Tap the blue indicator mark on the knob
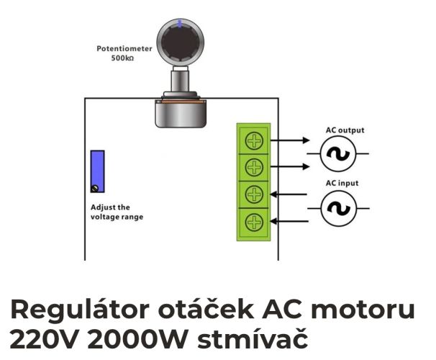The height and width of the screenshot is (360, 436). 180,24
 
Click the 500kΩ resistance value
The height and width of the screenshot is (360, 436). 122,58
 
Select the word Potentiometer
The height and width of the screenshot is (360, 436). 124,49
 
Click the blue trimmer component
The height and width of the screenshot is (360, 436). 97,171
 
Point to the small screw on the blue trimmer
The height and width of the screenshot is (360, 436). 95,189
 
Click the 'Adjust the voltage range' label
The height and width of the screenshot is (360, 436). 117,212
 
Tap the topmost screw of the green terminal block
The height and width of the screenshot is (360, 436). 254,140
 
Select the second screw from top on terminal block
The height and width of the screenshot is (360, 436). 254,167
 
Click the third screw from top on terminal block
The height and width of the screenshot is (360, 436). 254,194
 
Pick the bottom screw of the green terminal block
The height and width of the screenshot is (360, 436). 254,222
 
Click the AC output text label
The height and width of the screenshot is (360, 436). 345,130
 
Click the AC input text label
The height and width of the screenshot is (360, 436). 342,183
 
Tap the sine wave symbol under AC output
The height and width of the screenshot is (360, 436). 338,153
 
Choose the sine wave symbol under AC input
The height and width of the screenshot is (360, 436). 338,208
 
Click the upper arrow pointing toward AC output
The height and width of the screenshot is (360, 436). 290,140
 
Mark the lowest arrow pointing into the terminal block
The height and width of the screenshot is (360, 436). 289,222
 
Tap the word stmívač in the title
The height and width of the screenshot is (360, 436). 253,338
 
